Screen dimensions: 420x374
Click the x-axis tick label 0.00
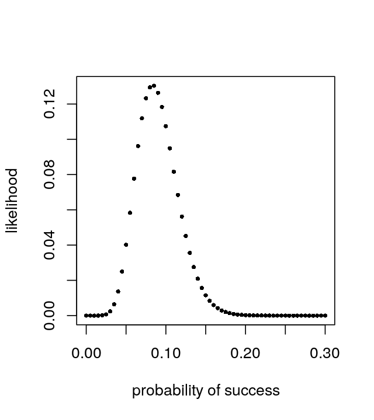(86, 353)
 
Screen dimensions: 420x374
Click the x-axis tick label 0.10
(166, 353)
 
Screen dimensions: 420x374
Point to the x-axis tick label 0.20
(245, 353)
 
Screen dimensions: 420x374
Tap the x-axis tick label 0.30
(325, 353)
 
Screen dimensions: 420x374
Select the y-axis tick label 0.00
(50, 316)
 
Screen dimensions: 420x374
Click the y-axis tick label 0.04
(50, 245)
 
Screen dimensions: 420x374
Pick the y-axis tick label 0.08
(50, 174)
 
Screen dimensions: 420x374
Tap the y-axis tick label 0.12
(50, 104)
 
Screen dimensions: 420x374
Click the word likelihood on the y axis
(12, 201)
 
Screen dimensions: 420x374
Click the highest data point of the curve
(154, 86)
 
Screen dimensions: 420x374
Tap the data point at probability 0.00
(86, 316)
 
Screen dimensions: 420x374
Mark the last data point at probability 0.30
(325, 316)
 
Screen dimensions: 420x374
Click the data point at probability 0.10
(166, 126)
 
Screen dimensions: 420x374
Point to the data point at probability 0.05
(126, 244)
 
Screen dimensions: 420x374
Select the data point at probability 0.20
(245, 315)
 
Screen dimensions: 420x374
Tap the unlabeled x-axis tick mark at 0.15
(206, 329)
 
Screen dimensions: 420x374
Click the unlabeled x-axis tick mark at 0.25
(285, 329)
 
